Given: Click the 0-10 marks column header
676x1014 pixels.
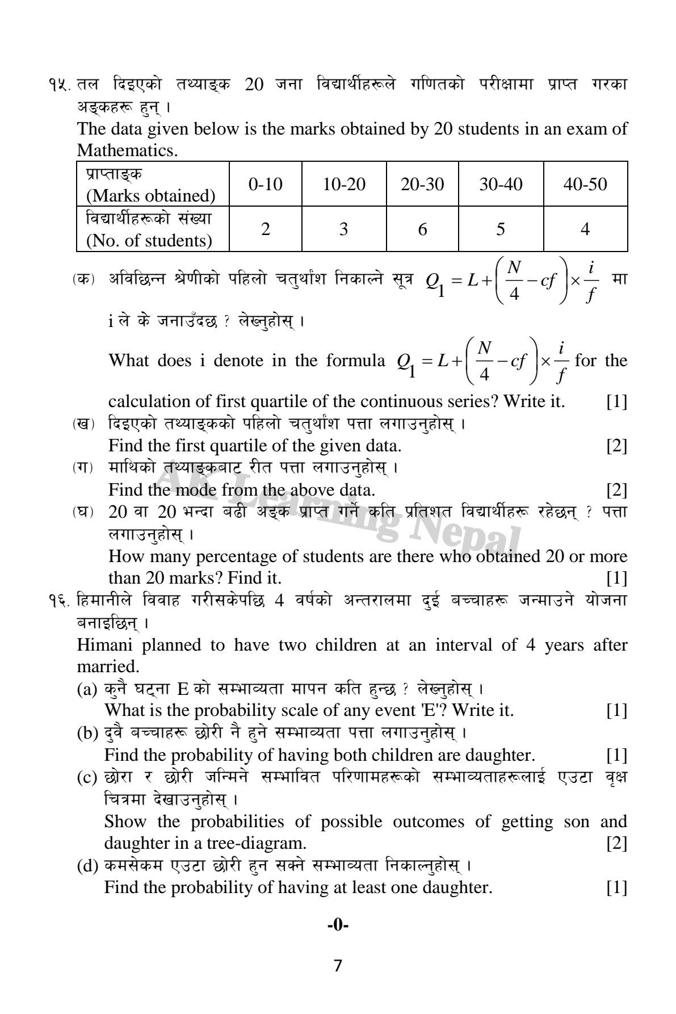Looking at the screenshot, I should tap(265, 184).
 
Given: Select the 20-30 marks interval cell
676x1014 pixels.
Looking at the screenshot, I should tap(422, 184).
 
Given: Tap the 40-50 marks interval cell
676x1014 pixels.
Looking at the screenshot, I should tap(585, 184).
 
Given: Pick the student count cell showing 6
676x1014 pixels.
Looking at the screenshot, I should tap(422, 229).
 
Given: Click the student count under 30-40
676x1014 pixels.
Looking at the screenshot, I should tap(500, 229).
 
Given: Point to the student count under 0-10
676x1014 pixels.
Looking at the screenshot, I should tap(265, 229).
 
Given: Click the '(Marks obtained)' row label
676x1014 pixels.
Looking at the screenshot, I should tap(151, 196).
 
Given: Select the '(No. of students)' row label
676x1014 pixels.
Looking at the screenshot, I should tap(149, 241).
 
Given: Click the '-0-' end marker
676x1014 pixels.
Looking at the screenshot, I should tap(338, 925).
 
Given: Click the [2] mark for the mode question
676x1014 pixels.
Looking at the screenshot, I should tap(616, 489).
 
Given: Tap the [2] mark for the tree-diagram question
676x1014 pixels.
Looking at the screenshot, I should tap(616, 843).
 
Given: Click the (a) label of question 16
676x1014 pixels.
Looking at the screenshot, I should tap(87, 690).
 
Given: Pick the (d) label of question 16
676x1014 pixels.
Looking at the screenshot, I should tap(87, 867).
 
